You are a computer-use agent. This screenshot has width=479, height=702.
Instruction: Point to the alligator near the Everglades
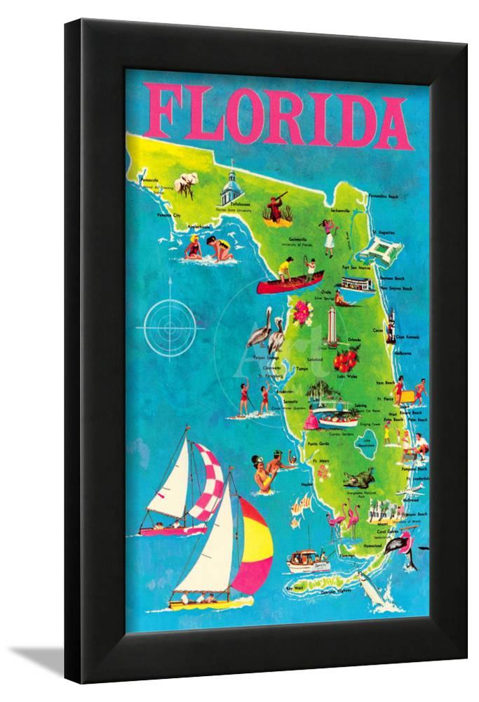pos(358,481)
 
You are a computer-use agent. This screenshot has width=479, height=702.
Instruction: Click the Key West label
pos(295,588)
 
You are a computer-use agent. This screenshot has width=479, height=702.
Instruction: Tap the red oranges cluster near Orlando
pos(346,361)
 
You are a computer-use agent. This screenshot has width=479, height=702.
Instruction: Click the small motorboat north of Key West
pos(309,559)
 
